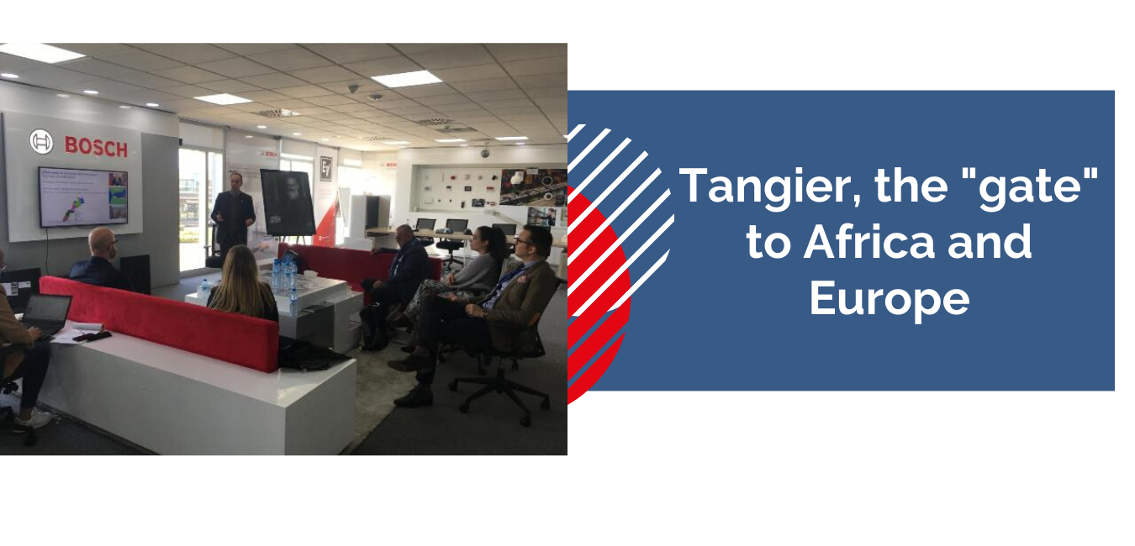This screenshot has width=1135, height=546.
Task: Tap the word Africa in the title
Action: (869, 242)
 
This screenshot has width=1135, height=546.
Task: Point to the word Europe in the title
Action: (890, 301)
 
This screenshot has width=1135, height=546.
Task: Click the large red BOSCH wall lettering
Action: (96, 147)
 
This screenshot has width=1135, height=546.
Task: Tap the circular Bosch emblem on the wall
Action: (41, 141)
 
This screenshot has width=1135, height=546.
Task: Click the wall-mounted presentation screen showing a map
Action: (83, 197)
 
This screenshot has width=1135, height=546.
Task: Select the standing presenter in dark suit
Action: (233, 215)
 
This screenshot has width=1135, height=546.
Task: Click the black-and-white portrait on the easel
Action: (288, 202)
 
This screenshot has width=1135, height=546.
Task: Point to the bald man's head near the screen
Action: (103, 242)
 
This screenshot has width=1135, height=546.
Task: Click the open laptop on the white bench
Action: (46, 317)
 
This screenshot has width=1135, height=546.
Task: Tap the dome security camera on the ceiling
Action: (485, 151)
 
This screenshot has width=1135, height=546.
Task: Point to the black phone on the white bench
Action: (92, 336)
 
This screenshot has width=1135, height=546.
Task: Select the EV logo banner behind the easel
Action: (325, 169)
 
